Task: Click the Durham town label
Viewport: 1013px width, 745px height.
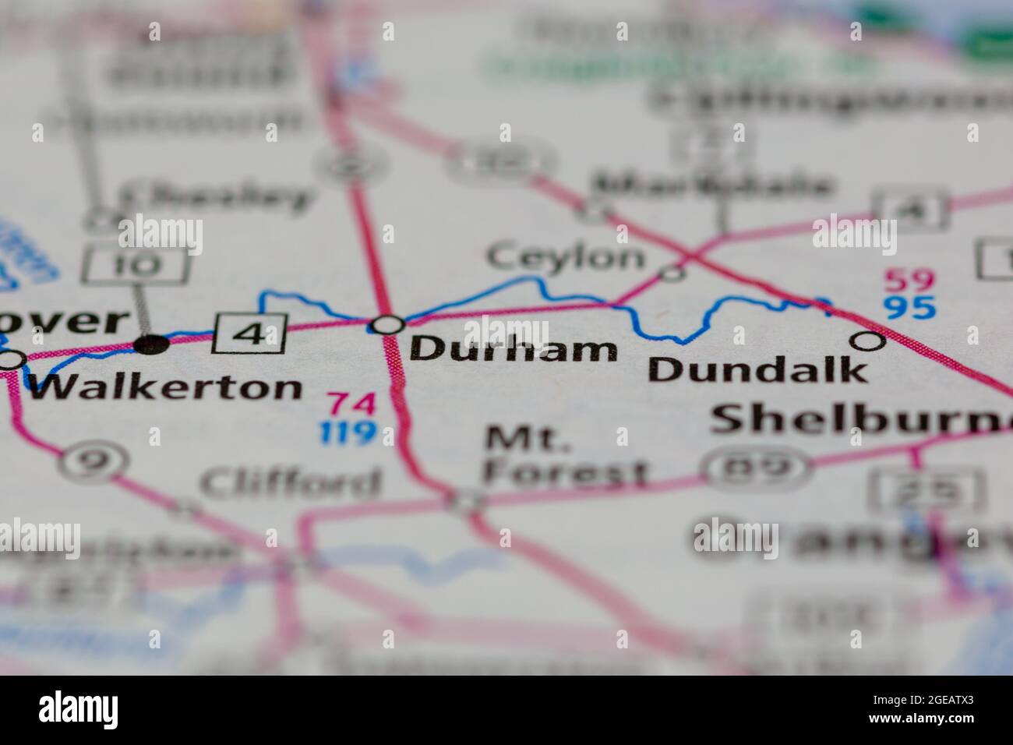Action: (512, 350)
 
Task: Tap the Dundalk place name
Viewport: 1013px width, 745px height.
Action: (757, 369)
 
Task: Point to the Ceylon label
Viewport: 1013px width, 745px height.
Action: (566, 257)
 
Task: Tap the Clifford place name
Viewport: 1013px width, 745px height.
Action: (291, 483)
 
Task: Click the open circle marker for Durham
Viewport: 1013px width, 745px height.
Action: (387, 324)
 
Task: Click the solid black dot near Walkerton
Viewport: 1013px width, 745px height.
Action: (153, 344)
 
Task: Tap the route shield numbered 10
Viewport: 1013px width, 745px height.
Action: (135, 266)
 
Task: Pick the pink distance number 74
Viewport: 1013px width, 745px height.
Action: (351, 404)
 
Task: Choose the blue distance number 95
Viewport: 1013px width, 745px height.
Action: (909, 308)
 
